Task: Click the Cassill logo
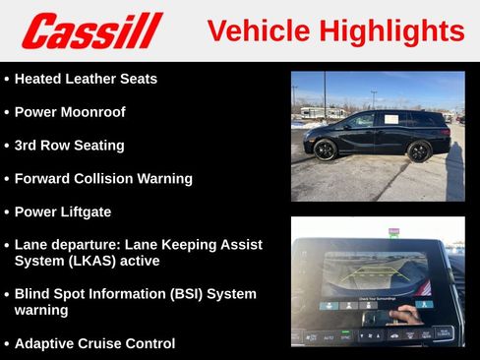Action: pyautogui.click(x=91, y=30)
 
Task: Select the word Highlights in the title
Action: pyautogui.click(x=392, y=30)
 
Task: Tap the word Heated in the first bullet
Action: pyautogui.click(x=40, y=78)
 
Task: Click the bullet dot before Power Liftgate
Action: pyautogui.click(x=7, y=212)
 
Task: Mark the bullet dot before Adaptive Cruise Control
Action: pyautogui.click(x=7, y=344)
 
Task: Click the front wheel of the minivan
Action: pyautogui.click(x=326, y=150)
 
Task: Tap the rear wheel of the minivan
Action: pyautogui.click(x=419, y=151)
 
